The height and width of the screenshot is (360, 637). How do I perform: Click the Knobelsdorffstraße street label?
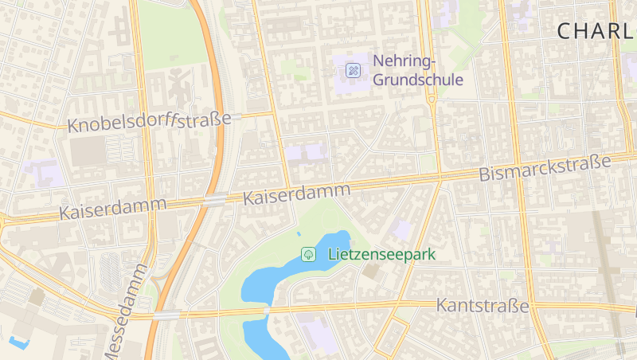149,122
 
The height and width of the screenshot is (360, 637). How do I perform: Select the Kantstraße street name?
483,306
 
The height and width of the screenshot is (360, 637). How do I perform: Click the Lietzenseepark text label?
381,255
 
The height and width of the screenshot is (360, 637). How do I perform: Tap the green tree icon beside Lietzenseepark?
307,255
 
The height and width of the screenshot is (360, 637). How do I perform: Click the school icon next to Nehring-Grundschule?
353,71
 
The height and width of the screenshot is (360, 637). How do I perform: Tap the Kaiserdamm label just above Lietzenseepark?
297,194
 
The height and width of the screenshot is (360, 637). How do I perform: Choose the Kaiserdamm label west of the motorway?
113,209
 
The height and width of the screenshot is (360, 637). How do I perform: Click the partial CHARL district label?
596,31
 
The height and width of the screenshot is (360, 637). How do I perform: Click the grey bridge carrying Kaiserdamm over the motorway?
213,200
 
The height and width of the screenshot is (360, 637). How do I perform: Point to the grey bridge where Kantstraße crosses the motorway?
167,315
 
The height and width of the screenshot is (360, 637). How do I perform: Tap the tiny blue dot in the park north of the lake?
299,234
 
